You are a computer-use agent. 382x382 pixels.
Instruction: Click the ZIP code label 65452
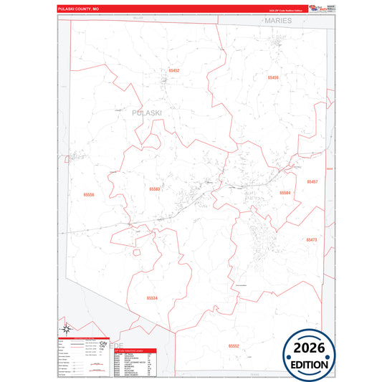(174, 70)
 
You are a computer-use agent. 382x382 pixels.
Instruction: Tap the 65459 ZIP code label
(272, 77)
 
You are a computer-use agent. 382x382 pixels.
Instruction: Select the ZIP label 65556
(89, 194)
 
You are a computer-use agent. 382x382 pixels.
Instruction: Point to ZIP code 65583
(154, 188)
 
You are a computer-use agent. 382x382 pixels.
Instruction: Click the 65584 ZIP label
(285, 193)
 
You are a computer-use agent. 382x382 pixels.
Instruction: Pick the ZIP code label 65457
(312, 182)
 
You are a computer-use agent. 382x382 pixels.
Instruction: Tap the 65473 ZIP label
(311, 239)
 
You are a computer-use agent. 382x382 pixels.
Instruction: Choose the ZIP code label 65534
(152, 297)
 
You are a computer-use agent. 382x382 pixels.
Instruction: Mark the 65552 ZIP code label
(234, 345)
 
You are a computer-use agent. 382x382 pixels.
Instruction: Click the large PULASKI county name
(147, 113)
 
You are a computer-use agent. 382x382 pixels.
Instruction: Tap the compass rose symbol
(65, 330)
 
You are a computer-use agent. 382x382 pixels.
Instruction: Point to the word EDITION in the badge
(309, 364)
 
